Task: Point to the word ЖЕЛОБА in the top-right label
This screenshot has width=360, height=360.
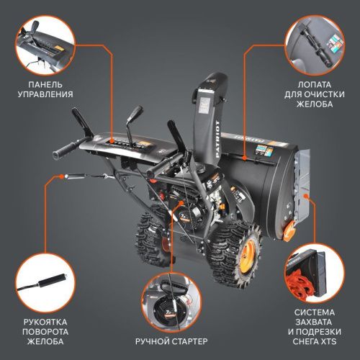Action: pos(320,104)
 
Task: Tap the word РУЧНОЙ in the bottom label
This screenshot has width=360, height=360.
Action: pos(153,340)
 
